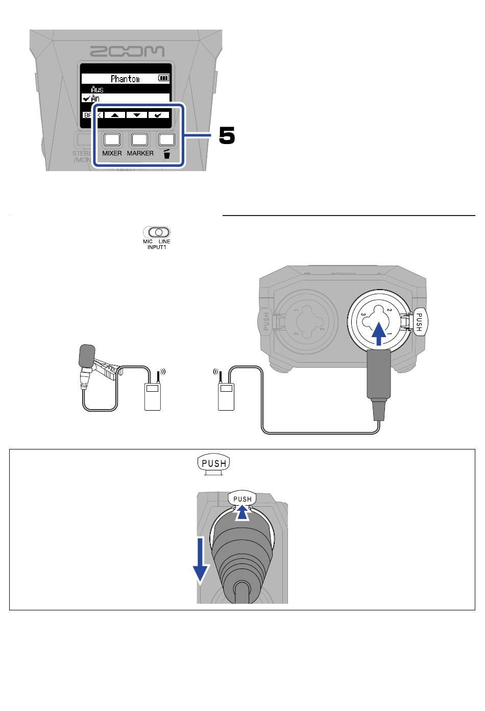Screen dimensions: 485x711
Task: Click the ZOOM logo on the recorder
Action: coord(127,51)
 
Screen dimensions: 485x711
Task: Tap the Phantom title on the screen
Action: coord(125,79)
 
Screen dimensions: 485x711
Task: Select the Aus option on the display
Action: coord(97,89)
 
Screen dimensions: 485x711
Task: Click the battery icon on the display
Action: coord(163,78)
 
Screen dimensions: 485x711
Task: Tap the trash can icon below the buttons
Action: coord(166,154)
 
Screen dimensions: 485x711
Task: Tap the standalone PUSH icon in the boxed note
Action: coord(214,464)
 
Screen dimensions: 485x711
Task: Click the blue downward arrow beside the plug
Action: coord(201,560)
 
